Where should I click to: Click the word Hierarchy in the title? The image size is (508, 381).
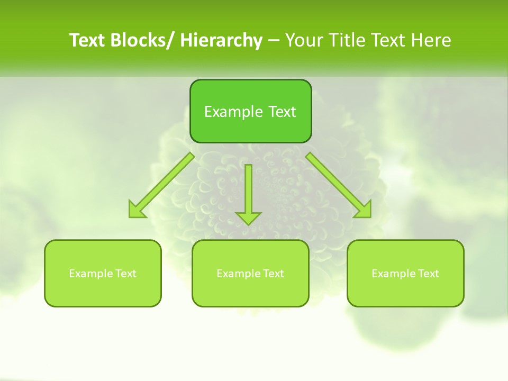pyautogui.click(x=221, y=41)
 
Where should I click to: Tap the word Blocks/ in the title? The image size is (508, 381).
pyautogui.click(x=144, y=41)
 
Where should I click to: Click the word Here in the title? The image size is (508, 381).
pyautogui.click(x=432, y=41)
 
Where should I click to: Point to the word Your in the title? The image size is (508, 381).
pyautogui.click(x=305, y=41)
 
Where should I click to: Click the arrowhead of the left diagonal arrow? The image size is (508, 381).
pyautogui.click(x=137, y=211)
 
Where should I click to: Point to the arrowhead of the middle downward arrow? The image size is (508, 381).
pyautogui.click(x=249, y=217)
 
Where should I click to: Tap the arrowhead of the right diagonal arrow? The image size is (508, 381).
pyautogui.click(x=364, y=210)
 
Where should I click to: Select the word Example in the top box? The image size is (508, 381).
pyautogui.click(x=226, y=112)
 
